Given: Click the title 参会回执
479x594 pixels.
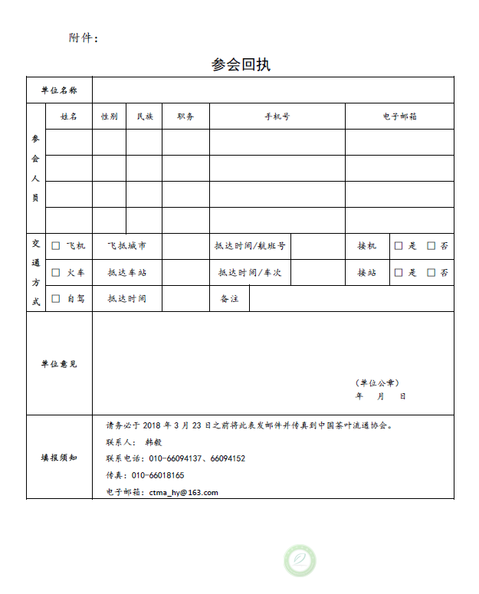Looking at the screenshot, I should coord(241,64).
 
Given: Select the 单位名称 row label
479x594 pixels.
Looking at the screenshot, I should coord(59,90).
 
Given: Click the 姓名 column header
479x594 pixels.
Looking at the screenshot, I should coord(69,117).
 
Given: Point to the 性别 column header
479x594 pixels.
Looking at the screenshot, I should coord(109,117).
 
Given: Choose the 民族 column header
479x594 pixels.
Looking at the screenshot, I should coord(144,117).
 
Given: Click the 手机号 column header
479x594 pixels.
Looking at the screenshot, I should coord(277,117).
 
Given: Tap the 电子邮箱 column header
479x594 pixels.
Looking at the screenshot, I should coord(399,117).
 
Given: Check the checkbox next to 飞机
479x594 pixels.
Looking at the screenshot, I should coord(55,246).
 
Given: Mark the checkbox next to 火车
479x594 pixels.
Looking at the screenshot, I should coord(55,272).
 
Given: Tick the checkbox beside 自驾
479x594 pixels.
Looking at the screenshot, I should coord(55,298).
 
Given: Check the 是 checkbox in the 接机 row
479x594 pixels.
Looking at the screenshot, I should coord(399,246).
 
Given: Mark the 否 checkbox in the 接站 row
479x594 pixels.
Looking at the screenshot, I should coord(431,272).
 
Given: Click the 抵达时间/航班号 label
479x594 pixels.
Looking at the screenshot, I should coord(250,246).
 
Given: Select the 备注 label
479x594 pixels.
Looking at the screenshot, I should coord(229,298).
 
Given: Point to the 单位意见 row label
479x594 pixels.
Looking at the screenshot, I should coord(59,363).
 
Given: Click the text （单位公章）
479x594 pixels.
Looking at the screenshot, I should coord(377,382).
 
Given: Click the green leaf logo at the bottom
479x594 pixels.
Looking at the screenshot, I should coord(300,560).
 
